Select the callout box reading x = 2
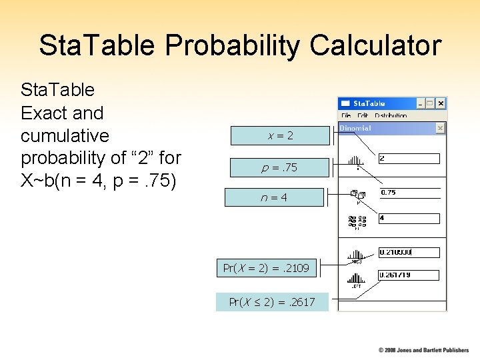click(x=280, y=135)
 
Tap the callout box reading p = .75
click(x=279, y=167)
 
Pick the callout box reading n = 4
click(x=274, y=197)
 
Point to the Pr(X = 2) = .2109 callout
click(x=266, y=268)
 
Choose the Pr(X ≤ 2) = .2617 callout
click(x=271, y=302)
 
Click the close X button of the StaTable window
click(x=441, y=104)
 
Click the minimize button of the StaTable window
click(x=421, y=104)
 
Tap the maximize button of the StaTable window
click(x=431, y=104)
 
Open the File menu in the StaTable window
click(x=346, y=115)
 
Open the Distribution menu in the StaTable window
click(x=391, y=115)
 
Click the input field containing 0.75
click(x=409, y=193)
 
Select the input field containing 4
click(x=409, y=219)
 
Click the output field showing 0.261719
click(x=409, y=275)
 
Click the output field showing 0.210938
click(x=409, y=253)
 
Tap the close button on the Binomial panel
click(x=440, y=127)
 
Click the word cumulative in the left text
click(x=65, y=136)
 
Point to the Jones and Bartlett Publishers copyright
click(x=423, y=350)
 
